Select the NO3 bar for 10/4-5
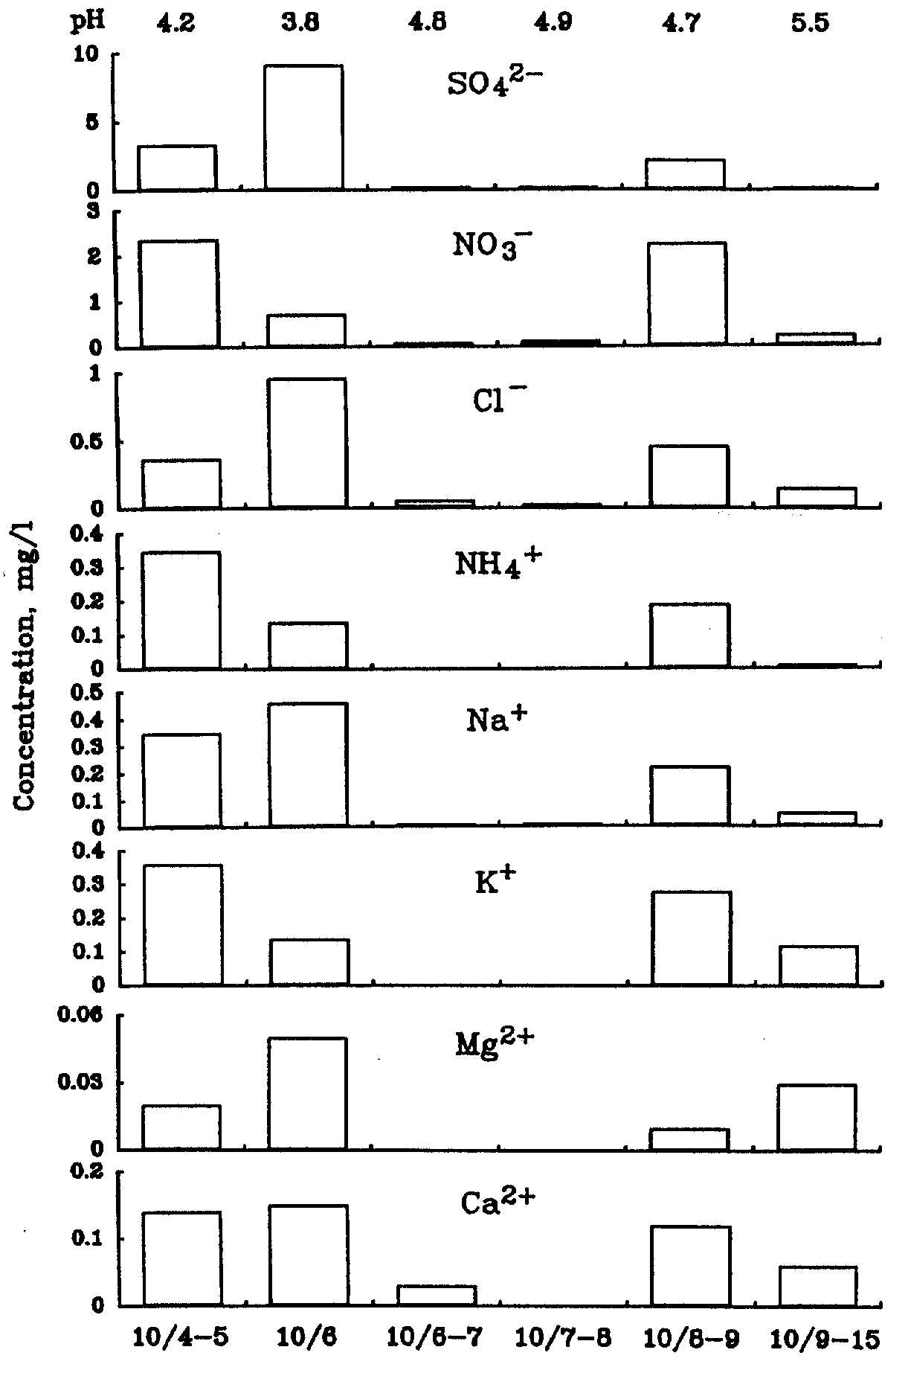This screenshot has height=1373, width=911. [178, 293]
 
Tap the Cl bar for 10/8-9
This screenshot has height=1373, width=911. [689, 476]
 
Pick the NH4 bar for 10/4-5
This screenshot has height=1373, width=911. [181, 609]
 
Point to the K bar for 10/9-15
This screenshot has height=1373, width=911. [818, 965]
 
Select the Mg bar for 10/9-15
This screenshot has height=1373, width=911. [817, 1116]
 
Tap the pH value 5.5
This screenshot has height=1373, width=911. [810, 23]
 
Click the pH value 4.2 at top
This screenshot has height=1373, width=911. [176, 23]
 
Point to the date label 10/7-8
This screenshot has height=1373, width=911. [563, 1339]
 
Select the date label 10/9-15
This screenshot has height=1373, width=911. [824, 1339]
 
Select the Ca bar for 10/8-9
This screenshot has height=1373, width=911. [690, 1265]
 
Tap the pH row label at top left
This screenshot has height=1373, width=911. [87, 22]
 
